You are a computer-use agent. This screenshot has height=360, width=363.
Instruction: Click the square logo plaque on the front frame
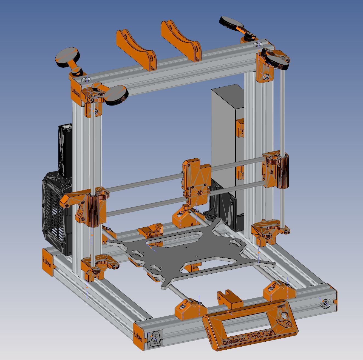tap(155, 339)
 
